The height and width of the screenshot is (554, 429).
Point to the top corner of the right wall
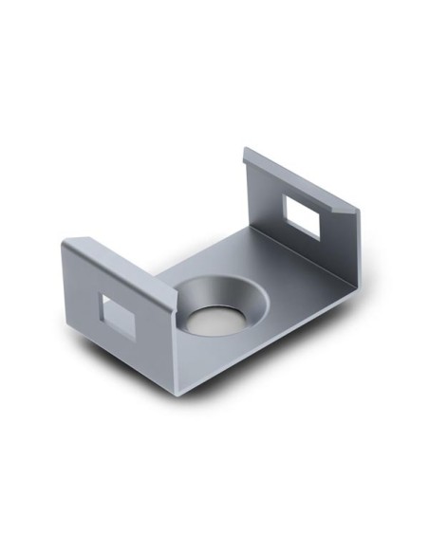[247, 149]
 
